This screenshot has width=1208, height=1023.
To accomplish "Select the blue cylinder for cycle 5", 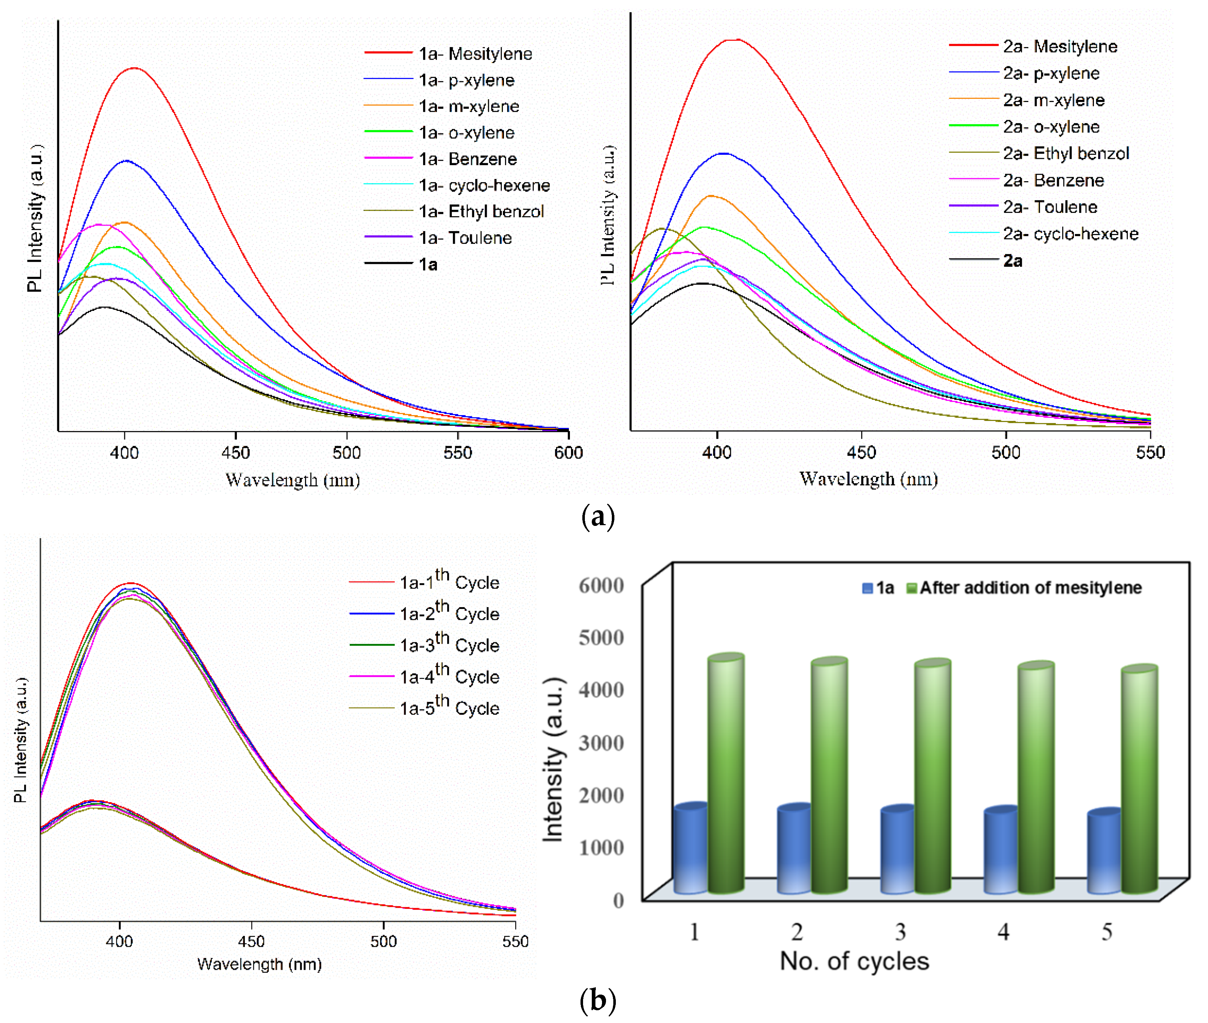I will [x=1104, y=852].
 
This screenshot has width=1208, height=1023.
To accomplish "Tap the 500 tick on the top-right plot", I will [x=1006, y=452].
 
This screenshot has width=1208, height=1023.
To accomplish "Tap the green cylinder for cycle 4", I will [x=1036, y=777].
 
